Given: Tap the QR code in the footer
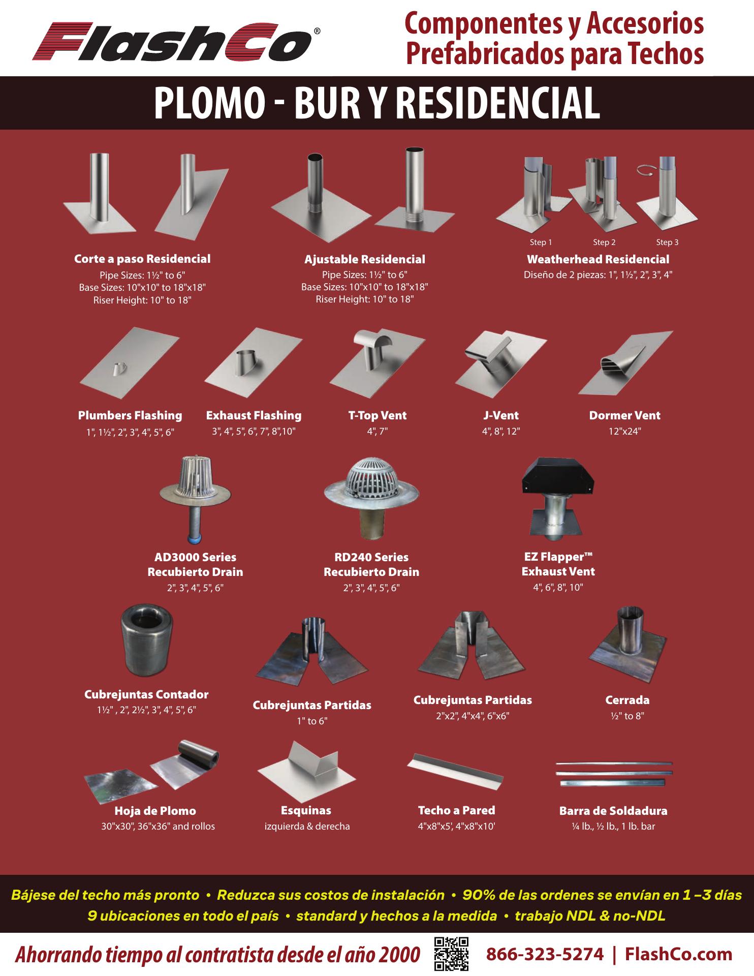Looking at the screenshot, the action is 451,954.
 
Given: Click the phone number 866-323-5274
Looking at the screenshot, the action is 545,954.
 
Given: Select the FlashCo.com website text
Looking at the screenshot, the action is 678,954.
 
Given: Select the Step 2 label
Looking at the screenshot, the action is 604,242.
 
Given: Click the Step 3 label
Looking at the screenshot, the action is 667,242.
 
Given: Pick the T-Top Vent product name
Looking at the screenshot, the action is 378,415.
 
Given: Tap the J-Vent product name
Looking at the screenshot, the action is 500,415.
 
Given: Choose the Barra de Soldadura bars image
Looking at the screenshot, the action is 614,775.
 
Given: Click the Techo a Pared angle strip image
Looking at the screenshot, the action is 455,770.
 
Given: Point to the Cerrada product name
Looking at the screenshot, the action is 627,700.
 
